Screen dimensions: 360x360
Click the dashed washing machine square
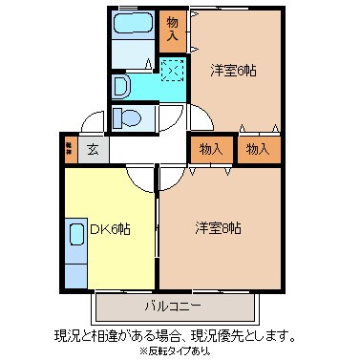point(173,69)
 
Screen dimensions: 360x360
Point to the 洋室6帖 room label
point(232,70)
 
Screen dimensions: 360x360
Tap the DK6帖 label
point(110,229)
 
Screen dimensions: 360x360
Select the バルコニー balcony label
point(173,307)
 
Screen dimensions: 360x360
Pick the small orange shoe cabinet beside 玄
point(70,148)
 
